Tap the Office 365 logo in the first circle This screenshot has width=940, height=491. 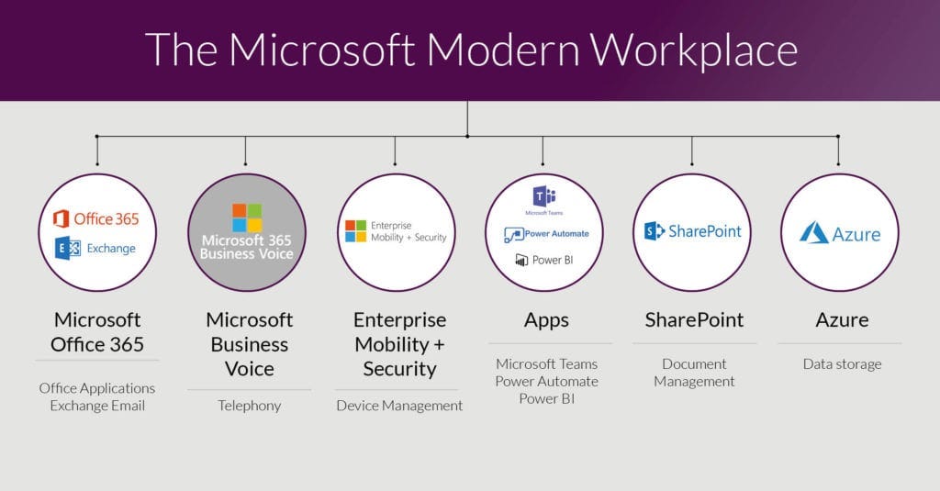coord(96,218)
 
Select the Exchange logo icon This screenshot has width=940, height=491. coord(67,248)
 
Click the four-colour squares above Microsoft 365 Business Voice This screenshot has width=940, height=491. coord(246,218)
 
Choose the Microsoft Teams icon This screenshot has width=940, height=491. coord(543,195)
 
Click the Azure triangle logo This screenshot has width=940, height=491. coord(814,232)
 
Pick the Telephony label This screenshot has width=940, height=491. coord(249,405)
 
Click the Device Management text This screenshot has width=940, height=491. coord(398,405)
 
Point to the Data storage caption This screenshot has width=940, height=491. coord(841,363)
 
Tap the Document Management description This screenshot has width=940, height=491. coord(694,372)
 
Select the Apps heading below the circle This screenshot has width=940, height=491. coord(546,320)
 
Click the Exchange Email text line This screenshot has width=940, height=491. coord(97,405)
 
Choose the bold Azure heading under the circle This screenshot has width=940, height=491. coord(842,320)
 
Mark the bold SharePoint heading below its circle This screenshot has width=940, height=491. coord(694,320)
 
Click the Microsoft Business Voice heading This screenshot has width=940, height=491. coord(249,344)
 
